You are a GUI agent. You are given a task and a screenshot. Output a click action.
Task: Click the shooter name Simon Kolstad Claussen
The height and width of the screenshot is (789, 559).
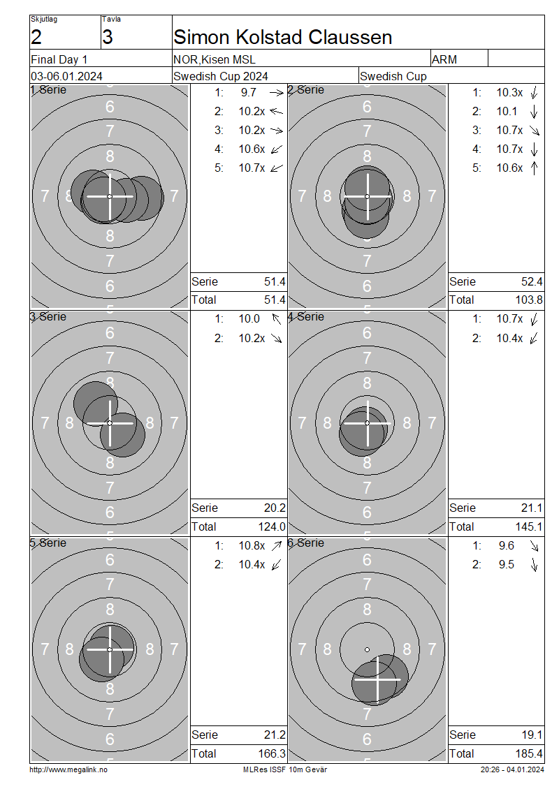click(282, 37)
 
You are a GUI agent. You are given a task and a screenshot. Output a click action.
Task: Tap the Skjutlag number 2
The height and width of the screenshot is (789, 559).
click(36, 37)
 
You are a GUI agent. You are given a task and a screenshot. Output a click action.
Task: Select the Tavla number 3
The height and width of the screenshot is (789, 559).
click(108, 37)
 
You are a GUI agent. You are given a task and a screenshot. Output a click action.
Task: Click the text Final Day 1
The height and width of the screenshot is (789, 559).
click(59, 59)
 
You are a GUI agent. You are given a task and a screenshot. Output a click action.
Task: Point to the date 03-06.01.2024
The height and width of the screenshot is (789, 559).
click(66, 76)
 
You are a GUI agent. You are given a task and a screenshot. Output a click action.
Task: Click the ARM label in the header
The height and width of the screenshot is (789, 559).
click(444, 59)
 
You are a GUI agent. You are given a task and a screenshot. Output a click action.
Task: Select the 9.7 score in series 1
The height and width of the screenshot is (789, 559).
click(248, 93)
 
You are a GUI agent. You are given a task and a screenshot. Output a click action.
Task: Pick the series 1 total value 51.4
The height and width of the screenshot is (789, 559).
click(275, 300)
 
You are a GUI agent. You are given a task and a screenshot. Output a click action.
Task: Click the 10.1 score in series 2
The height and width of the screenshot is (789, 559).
click(507, 111)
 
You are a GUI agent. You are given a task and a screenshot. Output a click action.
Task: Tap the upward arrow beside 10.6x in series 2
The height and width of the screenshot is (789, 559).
click(535, 168)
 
